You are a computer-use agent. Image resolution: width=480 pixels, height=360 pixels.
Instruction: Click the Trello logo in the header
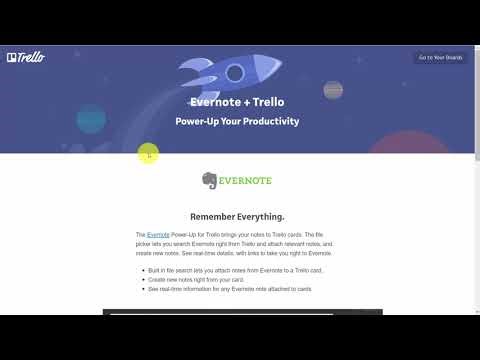[x=25, y=57]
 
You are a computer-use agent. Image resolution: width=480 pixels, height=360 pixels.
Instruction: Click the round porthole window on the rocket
[x=235, y=72]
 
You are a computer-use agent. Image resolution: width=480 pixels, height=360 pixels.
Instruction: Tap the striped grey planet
[x=333, y=90]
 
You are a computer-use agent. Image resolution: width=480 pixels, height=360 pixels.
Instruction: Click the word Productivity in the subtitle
[x=268, y=122]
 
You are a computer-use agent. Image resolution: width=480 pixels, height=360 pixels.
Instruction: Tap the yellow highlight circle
[x=148, y=154]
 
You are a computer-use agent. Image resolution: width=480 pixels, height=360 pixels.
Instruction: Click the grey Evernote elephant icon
[x=209, y=181]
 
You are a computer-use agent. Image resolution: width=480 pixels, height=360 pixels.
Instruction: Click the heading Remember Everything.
[x=237, y=216]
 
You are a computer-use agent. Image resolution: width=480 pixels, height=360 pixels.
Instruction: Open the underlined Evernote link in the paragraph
[x=157, y=234]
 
